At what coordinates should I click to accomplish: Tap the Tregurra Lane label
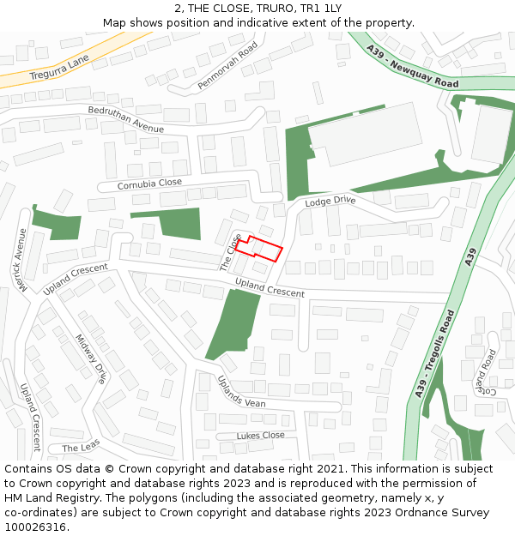(59, 67)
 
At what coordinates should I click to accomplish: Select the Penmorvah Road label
(227, 66)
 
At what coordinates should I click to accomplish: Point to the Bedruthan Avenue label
(125, 120)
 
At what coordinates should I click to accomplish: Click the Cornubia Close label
(149, 184)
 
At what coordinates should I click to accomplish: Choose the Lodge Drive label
(330, 201)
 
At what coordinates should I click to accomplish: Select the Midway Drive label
(91, 358)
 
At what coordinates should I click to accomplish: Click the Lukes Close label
(260, 436)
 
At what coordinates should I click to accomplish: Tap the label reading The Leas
(81, 446)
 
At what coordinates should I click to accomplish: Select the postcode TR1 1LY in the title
(319, 8)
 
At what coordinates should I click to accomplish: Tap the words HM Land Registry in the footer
(54, 497)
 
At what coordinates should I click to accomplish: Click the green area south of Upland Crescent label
(233, 324)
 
